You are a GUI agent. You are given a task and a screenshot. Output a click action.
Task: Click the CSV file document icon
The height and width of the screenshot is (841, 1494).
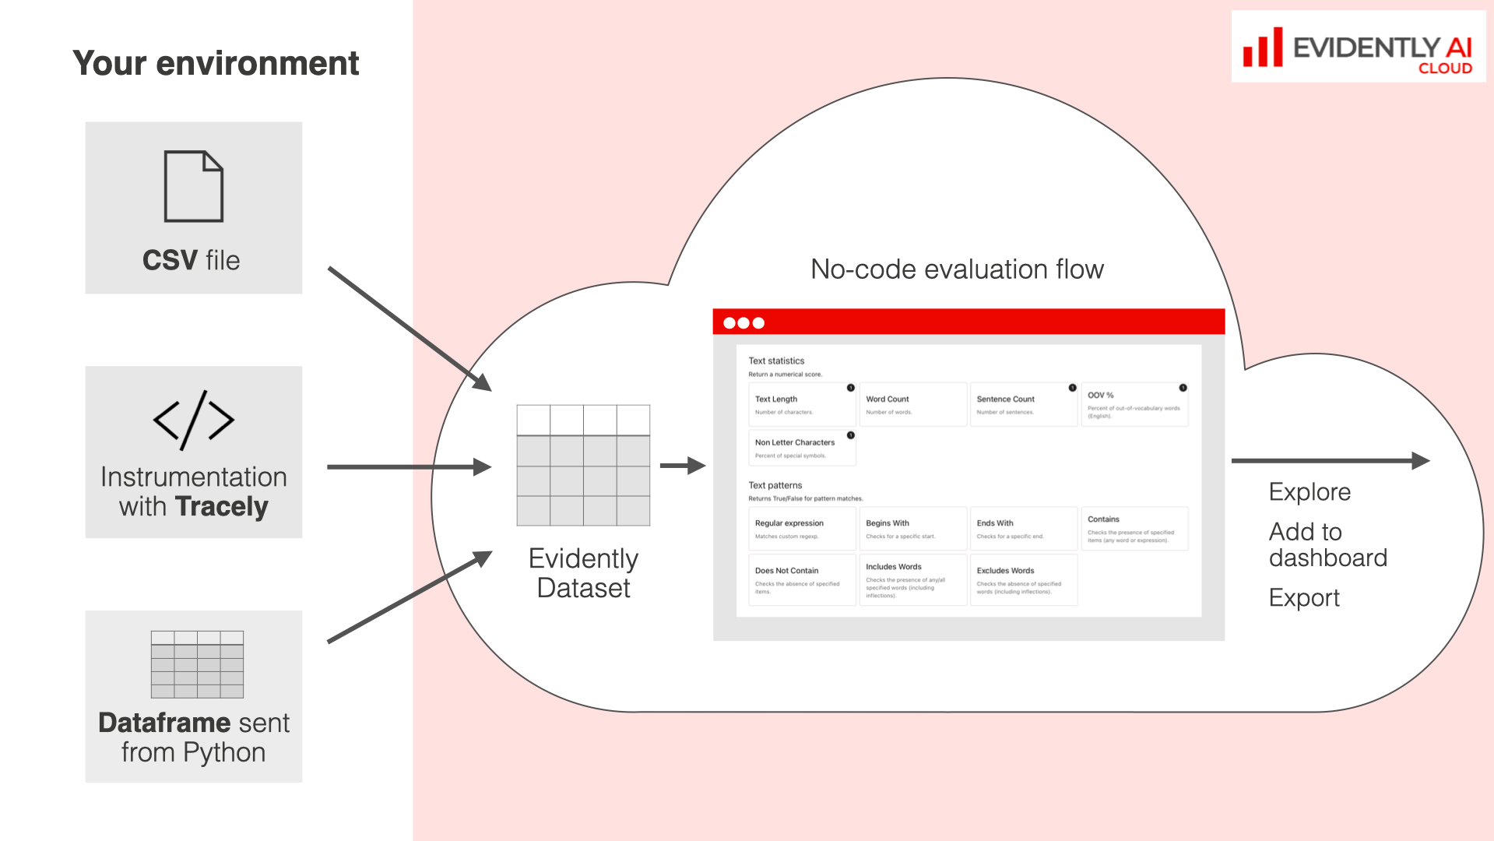pos(194,186)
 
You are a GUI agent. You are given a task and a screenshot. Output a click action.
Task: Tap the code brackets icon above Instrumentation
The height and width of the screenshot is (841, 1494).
pos(194,420)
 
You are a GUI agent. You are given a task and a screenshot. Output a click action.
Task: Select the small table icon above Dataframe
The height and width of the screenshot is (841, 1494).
pos(197,664)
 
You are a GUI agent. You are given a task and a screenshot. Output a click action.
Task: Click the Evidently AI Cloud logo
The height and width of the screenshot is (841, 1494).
pos(1358,48)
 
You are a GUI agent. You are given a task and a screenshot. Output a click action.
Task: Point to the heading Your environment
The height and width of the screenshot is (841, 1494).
pos(216,63)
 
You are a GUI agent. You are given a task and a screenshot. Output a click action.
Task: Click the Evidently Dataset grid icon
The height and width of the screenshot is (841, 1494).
pos(583,465)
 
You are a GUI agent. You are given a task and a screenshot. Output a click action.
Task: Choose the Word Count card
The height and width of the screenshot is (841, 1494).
pos(912,404)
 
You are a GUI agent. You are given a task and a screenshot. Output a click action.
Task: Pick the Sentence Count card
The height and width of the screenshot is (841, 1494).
pos(1023,404)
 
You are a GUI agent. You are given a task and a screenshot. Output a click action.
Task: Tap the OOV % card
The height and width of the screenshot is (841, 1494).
pos(1134,404)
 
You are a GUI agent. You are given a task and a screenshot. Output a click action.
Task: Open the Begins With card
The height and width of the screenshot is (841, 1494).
pos(912,529)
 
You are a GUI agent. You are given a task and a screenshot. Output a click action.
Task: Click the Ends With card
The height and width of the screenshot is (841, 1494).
pos(1023,529)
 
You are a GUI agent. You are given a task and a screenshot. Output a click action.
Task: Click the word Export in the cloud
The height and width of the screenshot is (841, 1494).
pos(1304,598)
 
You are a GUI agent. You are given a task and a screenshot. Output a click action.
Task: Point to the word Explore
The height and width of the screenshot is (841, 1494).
pos(1309,492)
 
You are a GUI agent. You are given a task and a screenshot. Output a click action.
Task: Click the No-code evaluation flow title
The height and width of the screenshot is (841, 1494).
pos(957,269)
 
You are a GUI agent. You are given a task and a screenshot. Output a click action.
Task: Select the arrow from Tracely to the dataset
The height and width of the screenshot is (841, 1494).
pos(409,467)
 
